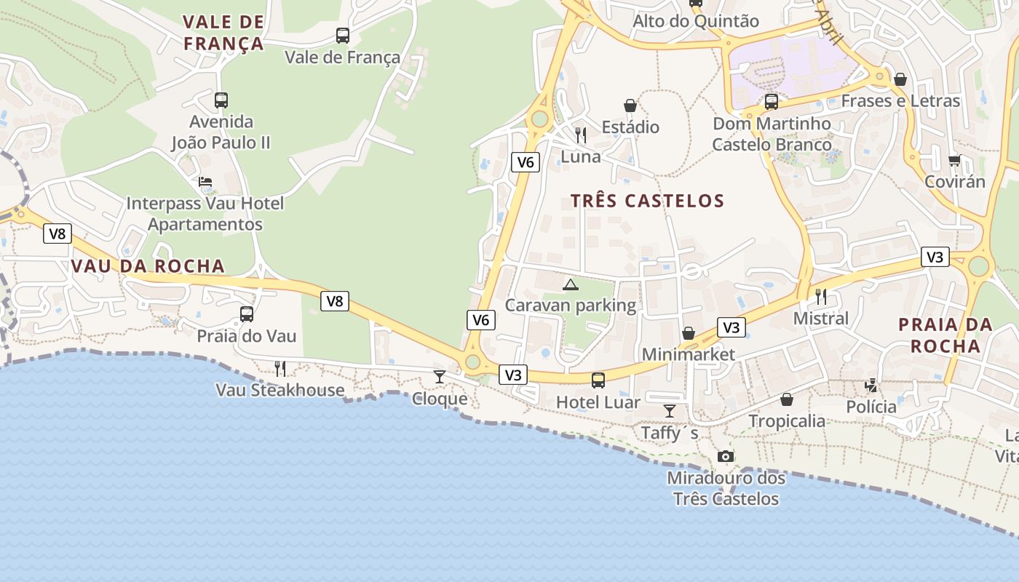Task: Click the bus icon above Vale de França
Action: coord(342,35)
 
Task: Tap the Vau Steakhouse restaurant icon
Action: coord(280,369)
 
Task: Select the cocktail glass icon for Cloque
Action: coord(440,376)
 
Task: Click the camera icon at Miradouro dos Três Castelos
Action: coord(726,456)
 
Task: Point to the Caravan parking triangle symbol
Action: coord(570,284)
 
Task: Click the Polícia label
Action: coord(871,407)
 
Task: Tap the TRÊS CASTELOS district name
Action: coord(647,201)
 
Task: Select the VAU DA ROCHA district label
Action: coord(148,266)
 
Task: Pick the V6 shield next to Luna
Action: coord(525,162)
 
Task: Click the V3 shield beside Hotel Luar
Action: coord(513,375)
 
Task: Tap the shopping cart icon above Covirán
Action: coord(954,160)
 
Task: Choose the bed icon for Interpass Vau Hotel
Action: coord(205,182)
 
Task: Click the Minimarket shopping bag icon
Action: coord(688,333)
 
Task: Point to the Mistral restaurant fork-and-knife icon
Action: coord(821,296)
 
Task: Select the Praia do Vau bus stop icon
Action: coord(247,314)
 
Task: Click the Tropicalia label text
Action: coord(787,421)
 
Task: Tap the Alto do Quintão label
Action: coord(695,21)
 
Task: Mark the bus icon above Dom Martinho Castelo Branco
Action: coord(772,102)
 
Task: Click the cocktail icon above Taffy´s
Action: coord(670,411)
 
